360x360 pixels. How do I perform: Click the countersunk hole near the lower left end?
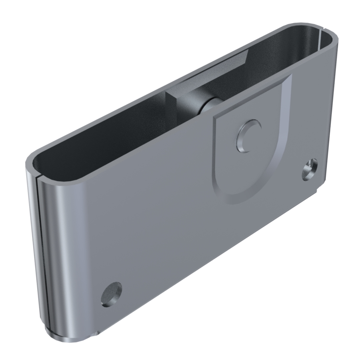(111, 294)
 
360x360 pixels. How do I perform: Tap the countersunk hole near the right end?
(310, 170)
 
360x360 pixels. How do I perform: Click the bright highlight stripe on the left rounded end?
(60, 256)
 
